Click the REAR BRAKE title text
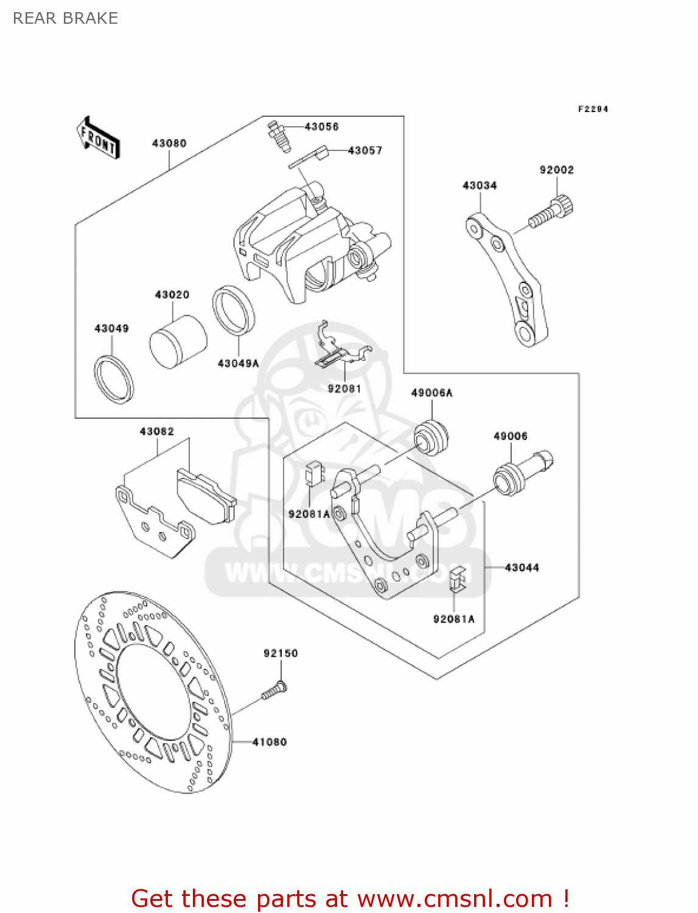65,18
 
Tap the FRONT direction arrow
98,138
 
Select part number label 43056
321,127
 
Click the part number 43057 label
365,150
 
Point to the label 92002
556,170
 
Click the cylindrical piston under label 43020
178,341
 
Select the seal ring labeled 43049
114,378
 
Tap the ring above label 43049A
234,310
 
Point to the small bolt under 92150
274,691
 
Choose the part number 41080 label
269,742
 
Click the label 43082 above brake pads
156,432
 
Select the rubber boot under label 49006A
431,437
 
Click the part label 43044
522,567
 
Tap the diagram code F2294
593,109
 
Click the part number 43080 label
169,143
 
